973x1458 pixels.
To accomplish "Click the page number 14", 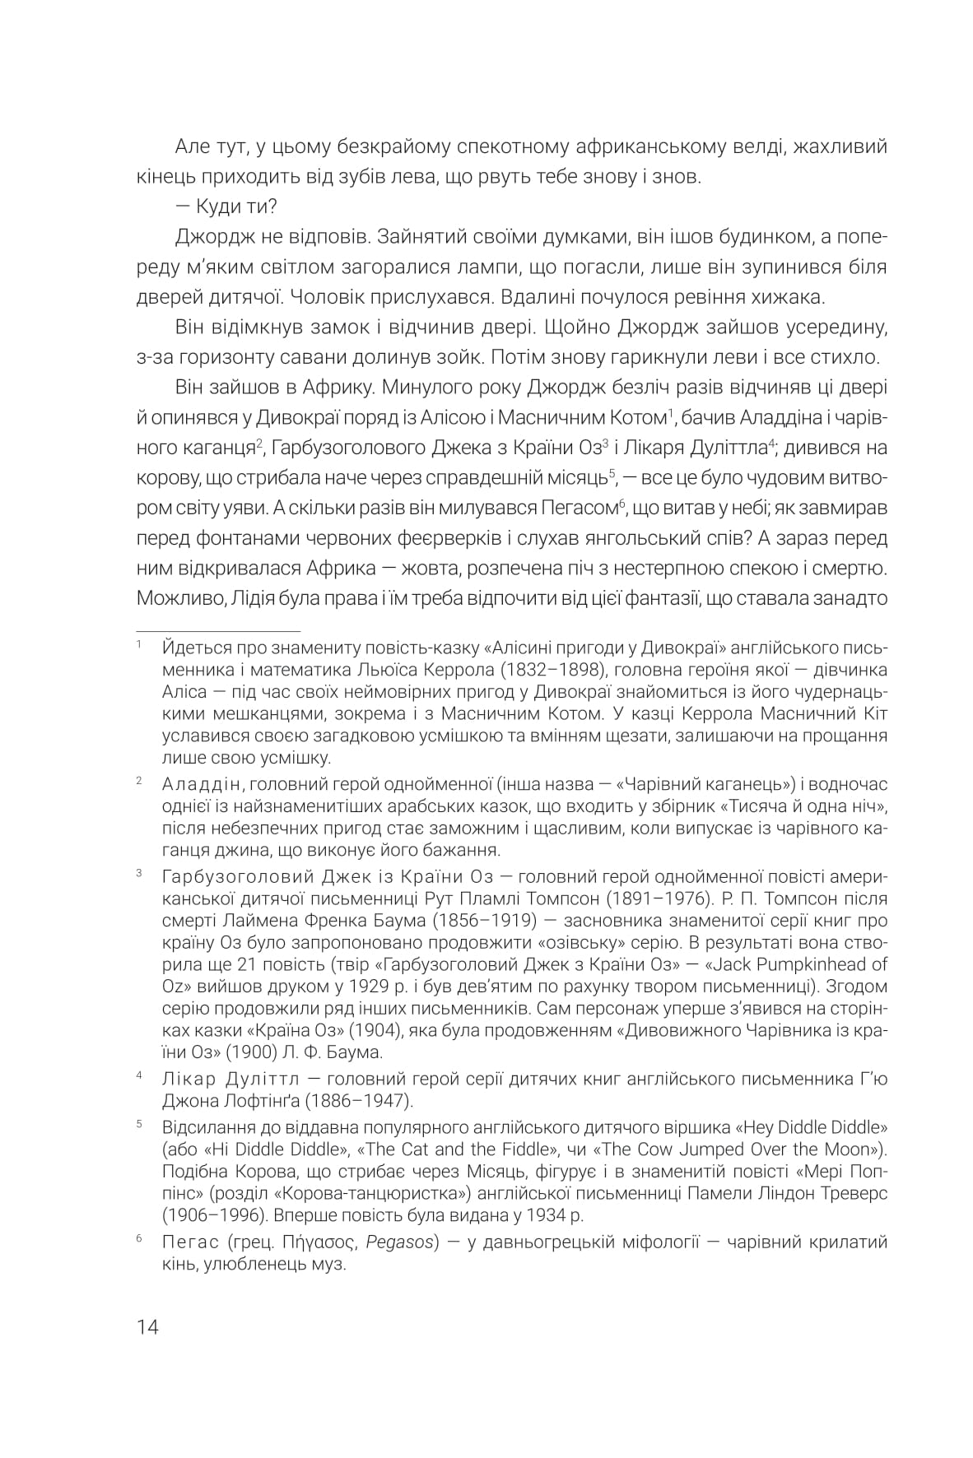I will pyautogui.click(x=148, y=1327).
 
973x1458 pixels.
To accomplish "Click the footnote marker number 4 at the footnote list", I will pyautogui.click(x=140, y=1075).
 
